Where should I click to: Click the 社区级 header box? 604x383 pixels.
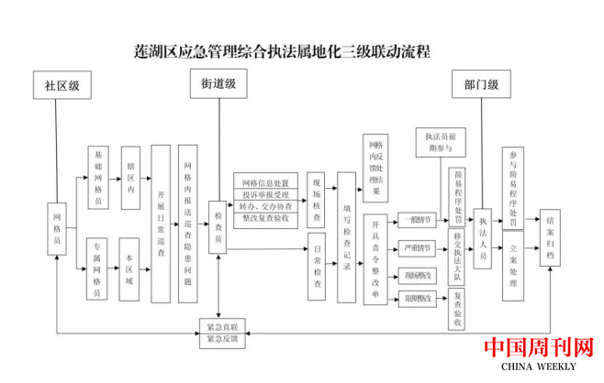62,86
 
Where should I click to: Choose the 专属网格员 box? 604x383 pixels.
98,269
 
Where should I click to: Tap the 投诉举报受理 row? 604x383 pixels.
265,194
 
